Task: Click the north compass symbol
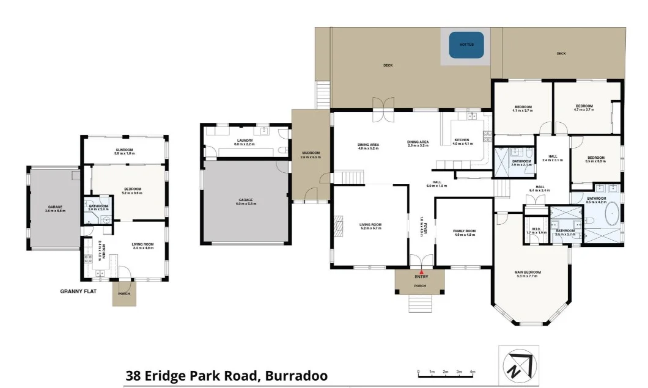point(519,365)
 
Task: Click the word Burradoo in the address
point(296,376)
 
